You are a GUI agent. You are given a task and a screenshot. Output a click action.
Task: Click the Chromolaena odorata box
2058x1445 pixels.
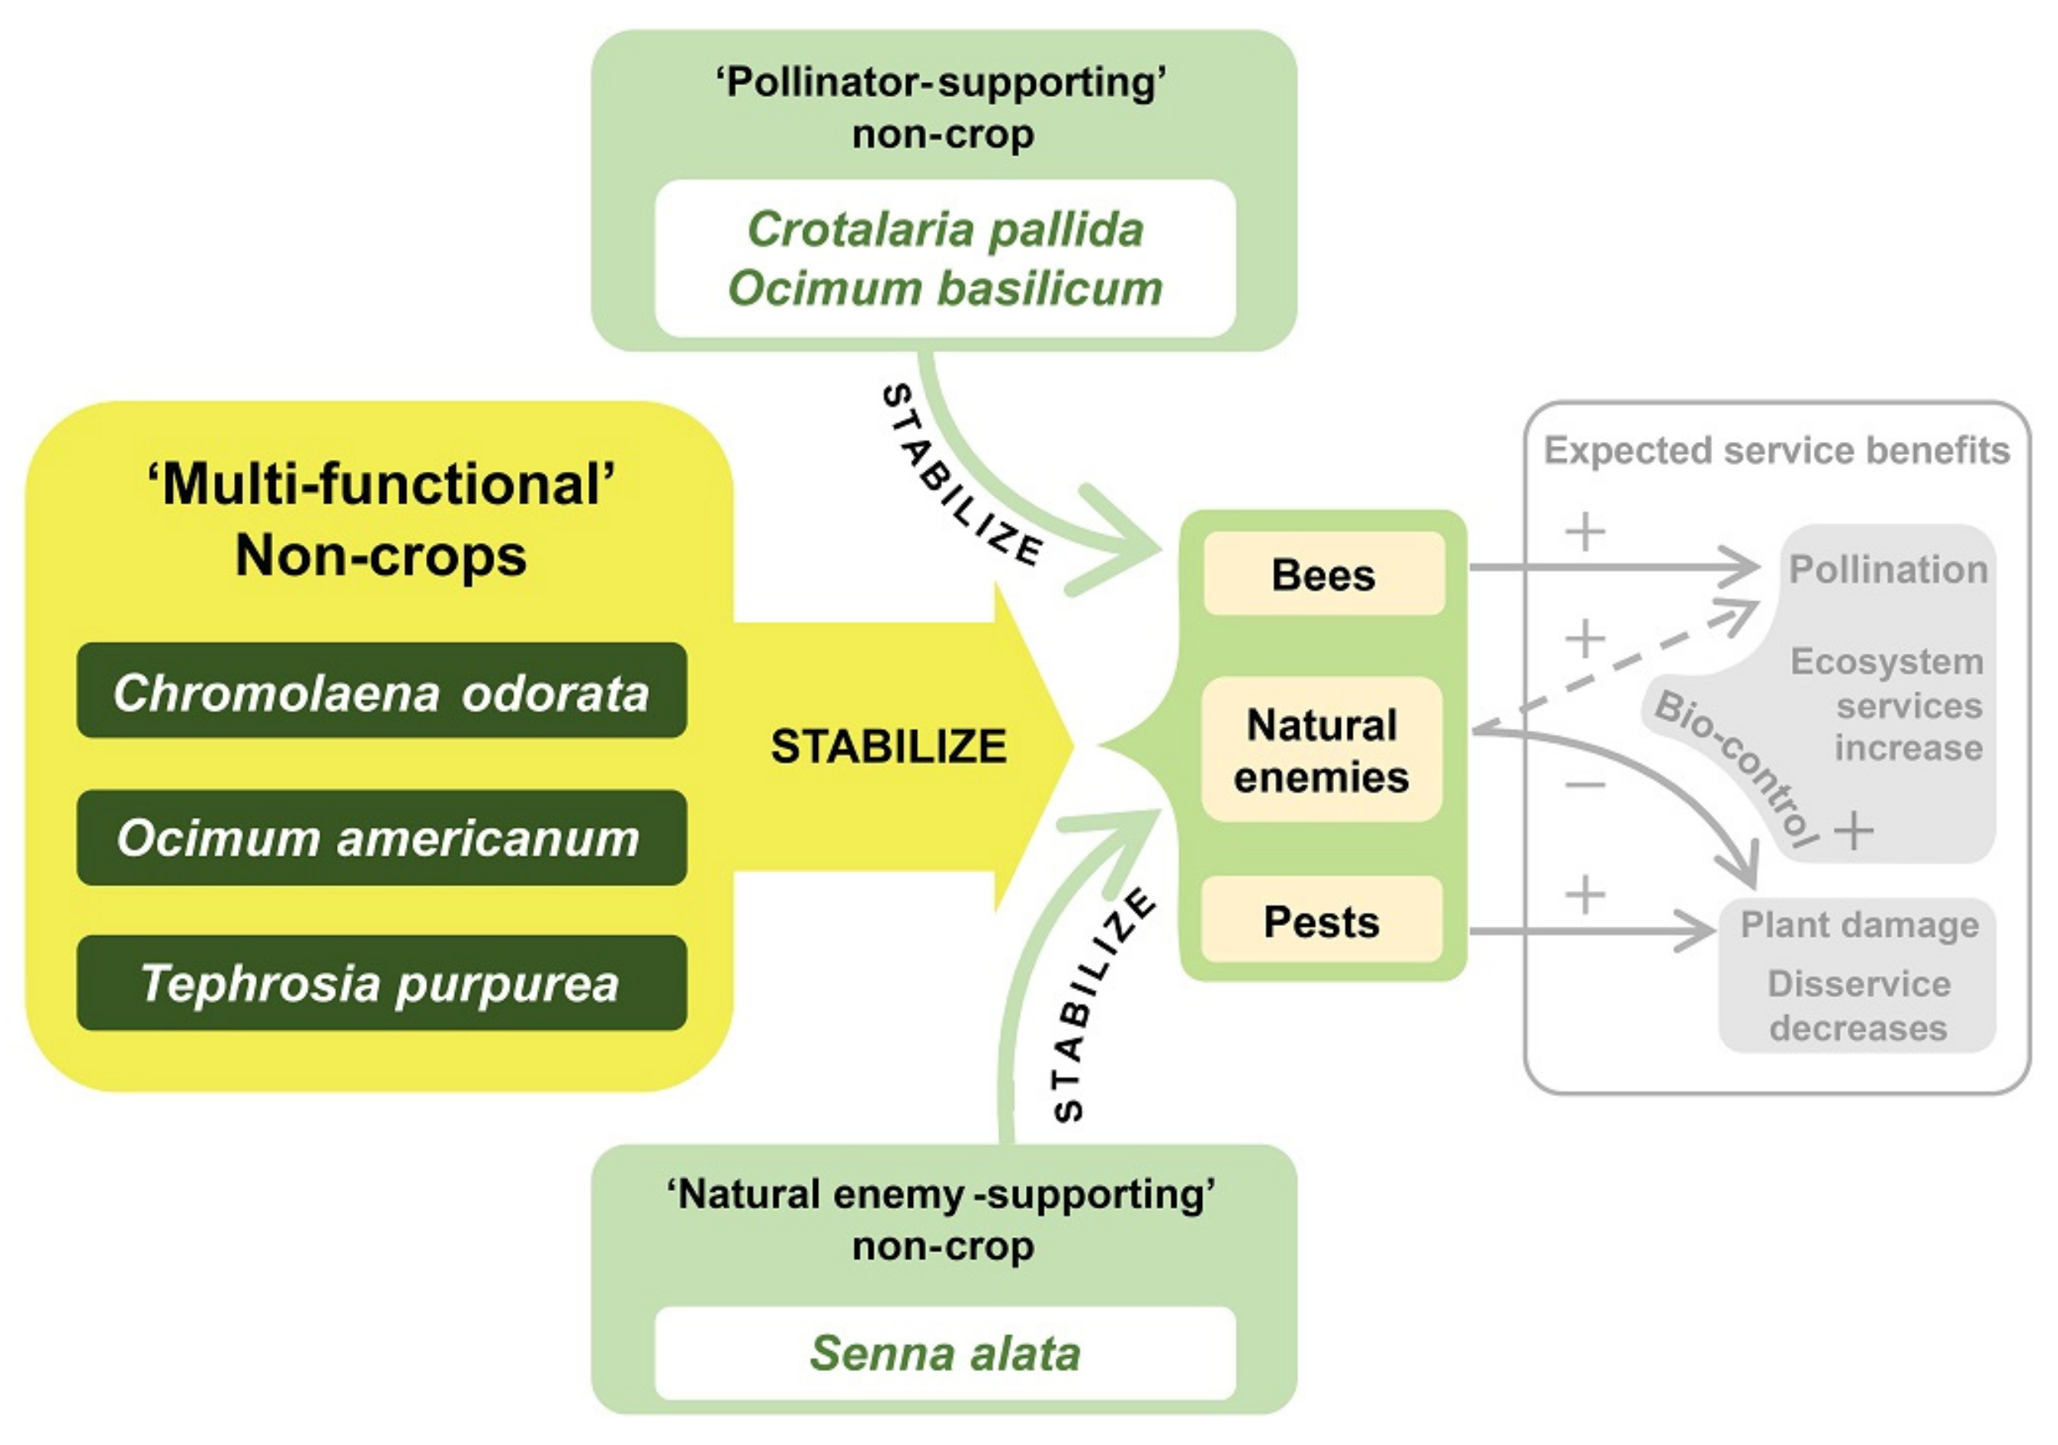click(381, 691)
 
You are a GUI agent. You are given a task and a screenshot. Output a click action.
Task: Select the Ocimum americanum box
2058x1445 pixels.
click(381, 838)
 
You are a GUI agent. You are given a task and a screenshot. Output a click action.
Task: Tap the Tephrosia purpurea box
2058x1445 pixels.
click(381, 983)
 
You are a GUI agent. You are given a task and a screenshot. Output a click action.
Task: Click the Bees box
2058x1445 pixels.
click(1323, 574)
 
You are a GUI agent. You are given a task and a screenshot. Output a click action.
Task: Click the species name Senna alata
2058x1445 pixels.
click(944, 1353)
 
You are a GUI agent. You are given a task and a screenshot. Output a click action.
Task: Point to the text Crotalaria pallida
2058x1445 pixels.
click(944, 229)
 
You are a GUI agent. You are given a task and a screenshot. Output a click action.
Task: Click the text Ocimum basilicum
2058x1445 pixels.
click(944, 289)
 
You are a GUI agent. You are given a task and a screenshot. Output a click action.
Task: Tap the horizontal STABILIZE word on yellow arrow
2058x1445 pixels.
click(888, 746)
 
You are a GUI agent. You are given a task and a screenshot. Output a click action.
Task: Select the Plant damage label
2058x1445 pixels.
click(1859, 924)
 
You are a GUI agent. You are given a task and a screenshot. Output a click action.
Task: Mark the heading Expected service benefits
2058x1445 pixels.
click(1777, 450)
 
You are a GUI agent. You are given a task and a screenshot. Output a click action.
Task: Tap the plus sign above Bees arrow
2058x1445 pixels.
click(1585, 531)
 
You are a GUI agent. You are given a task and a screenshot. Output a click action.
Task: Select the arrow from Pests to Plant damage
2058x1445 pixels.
click(1591, 931)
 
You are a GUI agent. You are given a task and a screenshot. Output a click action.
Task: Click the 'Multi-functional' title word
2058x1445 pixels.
click(381, 485)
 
